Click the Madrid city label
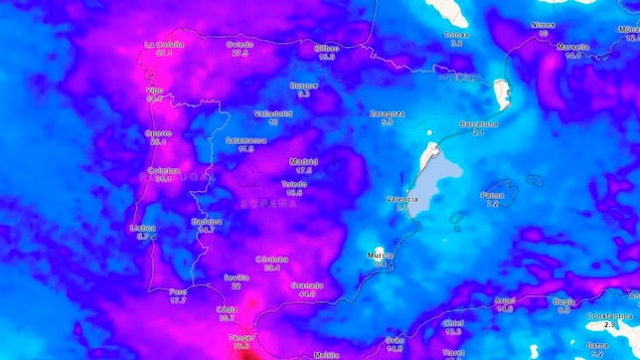(x=303, y=161)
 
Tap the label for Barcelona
(x=478, y=124)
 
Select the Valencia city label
(x=401, y=199)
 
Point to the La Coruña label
(x=164, y=44)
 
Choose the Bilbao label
(x=327, y=48)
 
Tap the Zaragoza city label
(x=387, y=113)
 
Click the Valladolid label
(x=272, y=113)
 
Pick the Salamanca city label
(x=246, y=140)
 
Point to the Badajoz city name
(x=207, y=221)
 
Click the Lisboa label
(x=143, y=228)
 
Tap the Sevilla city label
(x=236, y=277)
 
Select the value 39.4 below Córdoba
(x=271, y=268)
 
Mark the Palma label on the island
(x=492, y=195)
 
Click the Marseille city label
(x=572, y=47)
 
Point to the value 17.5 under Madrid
(x=303, y=171)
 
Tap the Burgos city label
(x=304, y=86)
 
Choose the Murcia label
(x=379, y=255)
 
